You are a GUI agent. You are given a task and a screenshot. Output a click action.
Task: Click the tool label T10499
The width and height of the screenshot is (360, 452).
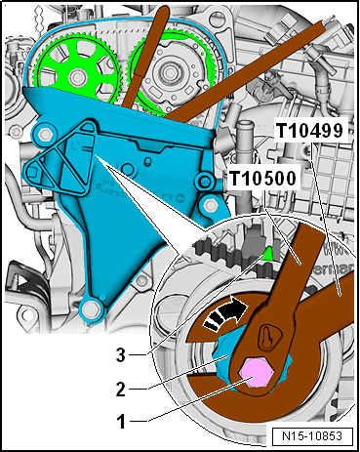(310, 131)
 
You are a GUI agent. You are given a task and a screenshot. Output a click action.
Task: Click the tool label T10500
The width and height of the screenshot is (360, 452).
(262, 179)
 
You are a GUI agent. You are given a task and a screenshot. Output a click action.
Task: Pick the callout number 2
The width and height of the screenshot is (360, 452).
(121, 389)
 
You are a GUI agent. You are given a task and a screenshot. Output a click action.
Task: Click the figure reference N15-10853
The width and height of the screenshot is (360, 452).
(312, 436)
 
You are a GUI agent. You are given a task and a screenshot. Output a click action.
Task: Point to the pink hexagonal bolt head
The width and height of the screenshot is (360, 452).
(255, 373)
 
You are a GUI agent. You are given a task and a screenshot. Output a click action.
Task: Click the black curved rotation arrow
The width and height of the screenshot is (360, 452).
(225, 313)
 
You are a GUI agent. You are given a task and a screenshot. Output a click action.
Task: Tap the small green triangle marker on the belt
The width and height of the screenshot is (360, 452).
(268, 254)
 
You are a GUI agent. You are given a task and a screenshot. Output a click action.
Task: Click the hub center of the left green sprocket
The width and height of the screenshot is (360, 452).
(77, 77)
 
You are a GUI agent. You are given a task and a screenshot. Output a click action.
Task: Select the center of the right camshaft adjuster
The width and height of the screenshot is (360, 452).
(170, 71)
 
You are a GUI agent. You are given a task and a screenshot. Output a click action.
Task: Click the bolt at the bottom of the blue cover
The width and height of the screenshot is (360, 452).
(91, 309)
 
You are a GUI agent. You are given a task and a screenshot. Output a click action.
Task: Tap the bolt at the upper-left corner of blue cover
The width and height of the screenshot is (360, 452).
(43, 133)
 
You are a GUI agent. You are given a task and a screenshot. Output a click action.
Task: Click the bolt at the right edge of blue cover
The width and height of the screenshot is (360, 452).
(210, 205)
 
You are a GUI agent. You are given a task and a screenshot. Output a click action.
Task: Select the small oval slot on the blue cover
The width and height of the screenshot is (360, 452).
(148, 161)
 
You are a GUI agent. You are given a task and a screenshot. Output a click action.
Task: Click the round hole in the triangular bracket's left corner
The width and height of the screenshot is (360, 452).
(32, 171)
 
